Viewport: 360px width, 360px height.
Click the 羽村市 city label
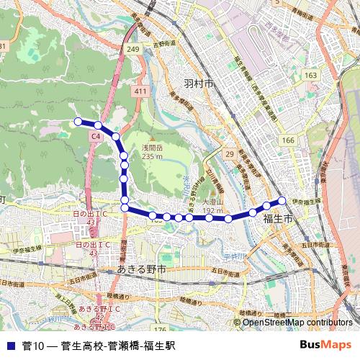click(199, 84)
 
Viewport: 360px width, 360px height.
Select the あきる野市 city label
click(141, 269)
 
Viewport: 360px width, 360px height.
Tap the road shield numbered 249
click(132, 49)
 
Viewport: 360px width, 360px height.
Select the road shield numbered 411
click(140, 92)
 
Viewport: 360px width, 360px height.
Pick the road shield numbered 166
click(288, 140)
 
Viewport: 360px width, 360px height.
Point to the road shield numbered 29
click(230, 154)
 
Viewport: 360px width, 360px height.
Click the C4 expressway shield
click(96, 135)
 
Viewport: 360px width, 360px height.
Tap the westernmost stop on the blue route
click(78, 122)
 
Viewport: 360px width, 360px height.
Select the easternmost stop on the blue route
click(282, 200)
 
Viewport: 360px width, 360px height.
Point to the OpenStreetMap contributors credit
click(298, 323)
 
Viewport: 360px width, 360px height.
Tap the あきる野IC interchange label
click(94, 308)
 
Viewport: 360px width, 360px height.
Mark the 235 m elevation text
click(153, 156)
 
